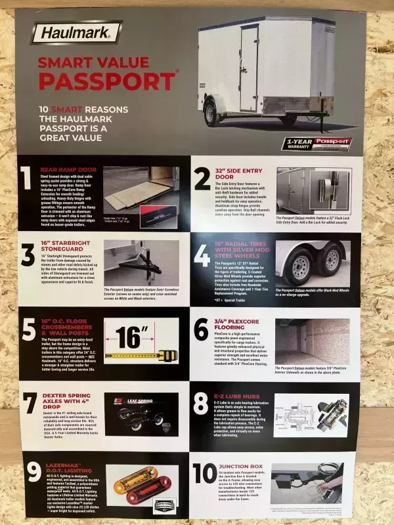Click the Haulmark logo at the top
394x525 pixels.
(77, 31)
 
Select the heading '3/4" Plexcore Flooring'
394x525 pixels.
(239, 324)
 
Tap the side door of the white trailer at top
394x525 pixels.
(249, 69)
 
